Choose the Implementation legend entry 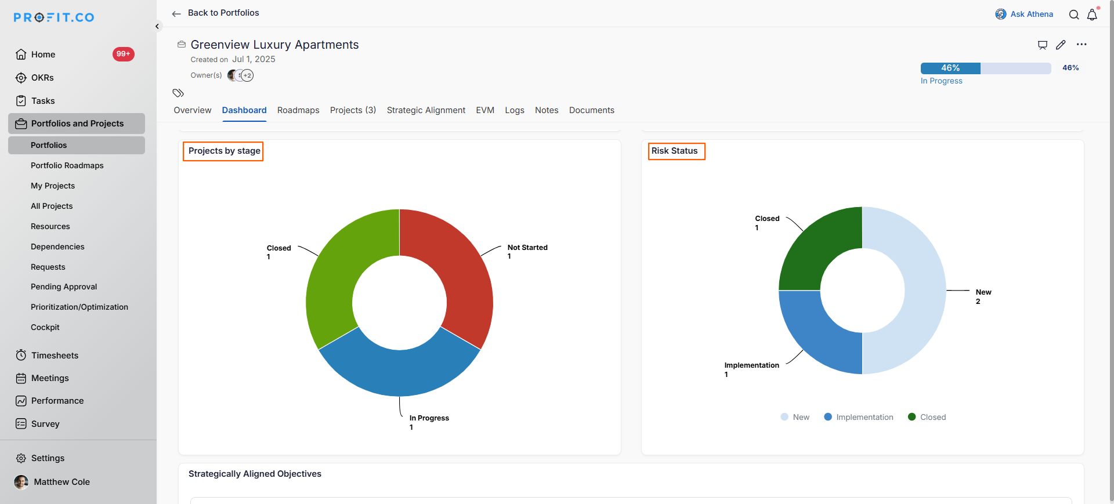859,417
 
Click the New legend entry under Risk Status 795,417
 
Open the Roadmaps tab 298,110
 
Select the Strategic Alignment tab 426,110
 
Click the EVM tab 485,110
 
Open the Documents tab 591,110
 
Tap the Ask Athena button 1025,14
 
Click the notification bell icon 1092,14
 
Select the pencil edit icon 1061,45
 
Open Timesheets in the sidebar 55,355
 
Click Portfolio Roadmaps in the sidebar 67,165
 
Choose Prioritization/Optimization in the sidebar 79,307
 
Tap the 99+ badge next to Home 123,54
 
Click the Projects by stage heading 224,151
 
